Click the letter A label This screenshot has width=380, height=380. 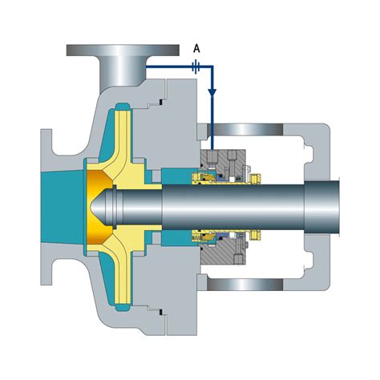196,49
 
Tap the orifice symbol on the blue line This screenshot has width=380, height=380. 196,67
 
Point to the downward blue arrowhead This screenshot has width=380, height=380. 212,92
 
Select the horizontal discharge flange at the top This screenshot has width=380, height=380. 123,51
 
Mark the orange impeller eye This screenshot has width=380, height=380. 98,206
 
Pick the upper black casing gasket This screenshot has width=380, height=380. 160,102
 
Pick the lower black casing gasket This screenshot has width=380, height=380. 160,312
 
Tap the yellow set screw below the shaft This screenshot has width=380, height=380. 255,234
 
